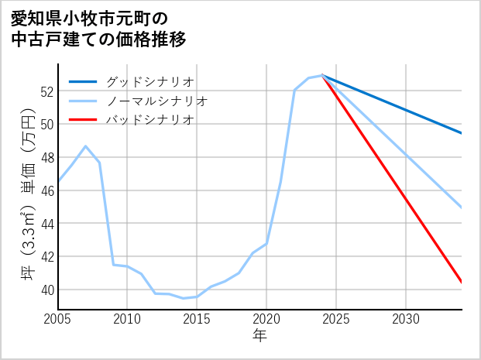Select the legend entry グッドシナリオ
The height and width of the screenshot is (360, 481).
tap(150, 81)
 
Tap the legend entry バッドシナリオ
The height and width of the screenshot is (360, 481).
tap(150, 120)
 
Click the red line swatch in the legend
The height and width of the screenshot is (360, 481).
tap(84, 120)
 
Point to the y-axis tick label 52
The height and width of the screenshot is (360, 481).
tap(46, 91)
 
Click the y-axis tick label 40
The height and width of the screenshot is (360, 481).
tap(46, 290)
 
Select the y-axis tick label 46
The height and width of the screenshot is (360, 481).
tap(46, 190)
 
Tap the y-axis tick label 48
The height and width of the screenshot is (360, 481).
tap(46, 157)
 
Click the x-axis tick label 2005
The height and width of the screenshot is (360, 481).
tap(58, 318)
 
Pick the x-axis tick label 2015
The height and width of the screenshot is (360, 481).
tap(197, 318)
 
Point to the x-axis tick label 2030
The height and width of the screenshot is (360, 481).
tap(406, 318)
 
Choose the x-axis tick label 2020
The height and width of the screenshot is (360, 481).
tap(266, 318)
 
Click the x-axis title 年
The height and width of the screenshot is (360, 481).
tap(259, 335)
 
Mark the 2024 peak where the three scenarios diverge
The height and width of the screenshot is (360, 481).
tap(322, 75)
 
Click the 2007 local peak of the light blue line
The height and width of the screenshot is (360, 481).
tap(86, 146)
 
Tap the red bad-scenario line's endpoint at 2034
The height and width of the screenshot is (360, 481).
tap(462, 283)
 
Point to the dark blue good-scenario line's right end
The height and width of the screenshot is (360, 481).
tap(462, 133)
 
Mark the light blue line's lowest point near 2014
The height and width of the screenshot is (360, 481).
tap(183, 298)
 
